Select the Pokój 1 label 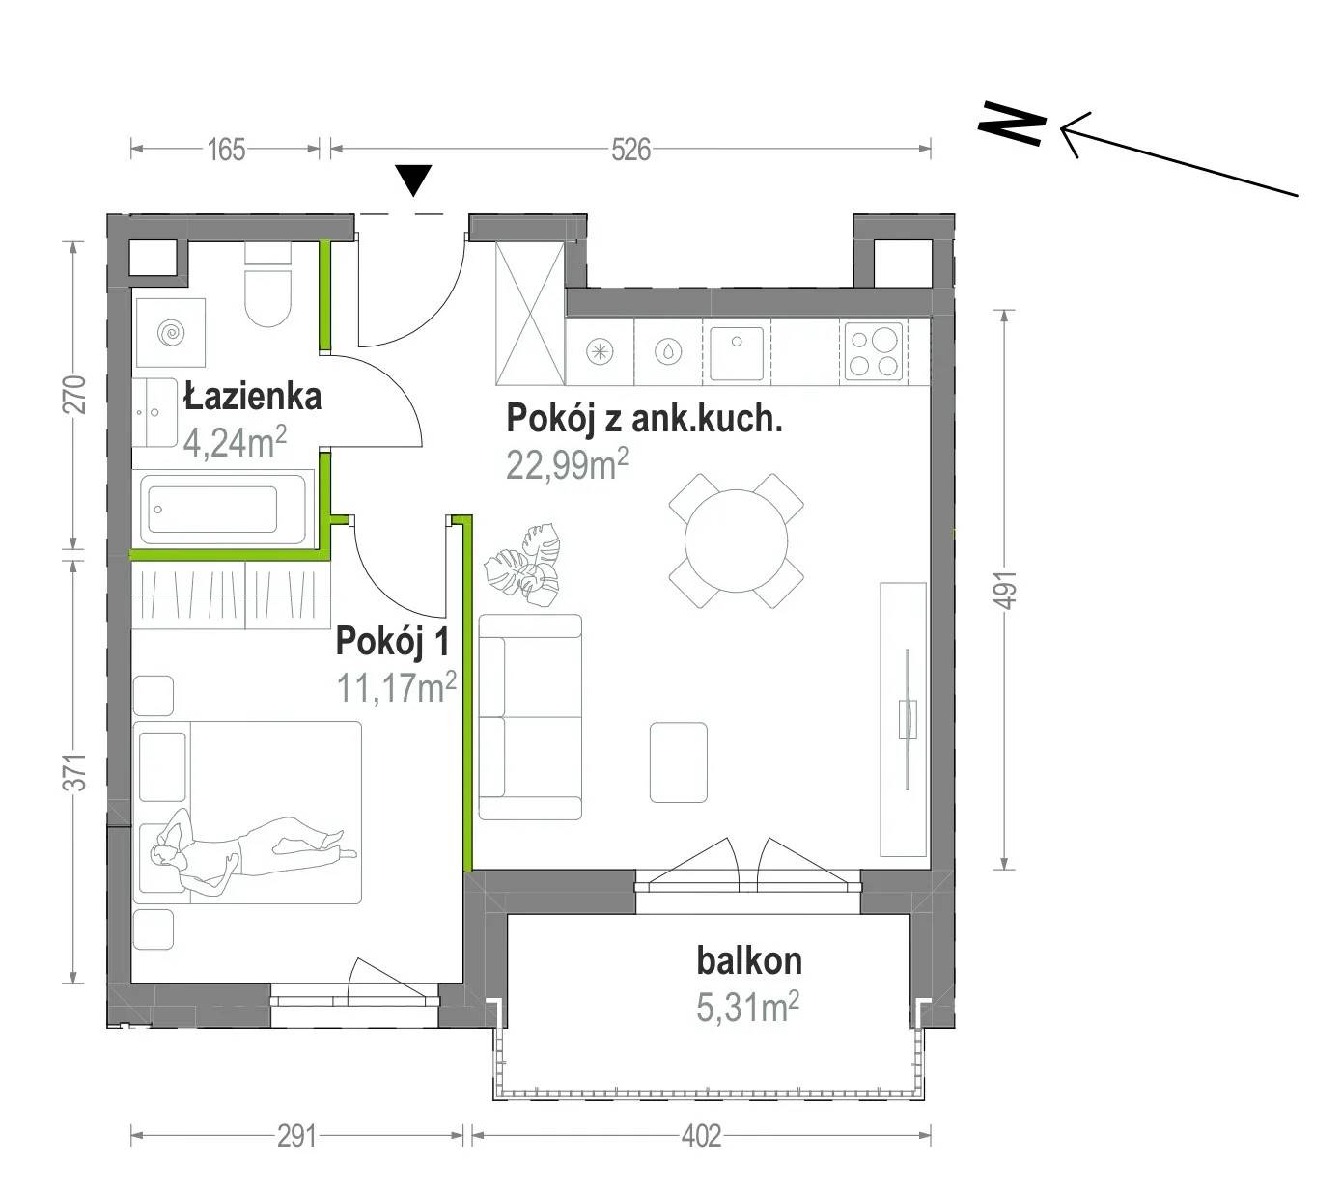392,641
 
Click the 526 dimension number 630,150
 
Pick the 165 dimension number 227,150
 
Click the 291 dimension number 296,1137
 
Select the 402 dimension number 701,1137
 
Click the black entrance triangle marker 414,180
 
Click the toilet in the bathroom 267,284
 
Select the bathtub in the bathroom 223,509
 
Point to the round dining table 736,540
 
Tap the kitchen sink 736,351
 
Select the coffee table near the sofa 679,762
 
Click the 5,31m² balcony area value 747,1008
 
